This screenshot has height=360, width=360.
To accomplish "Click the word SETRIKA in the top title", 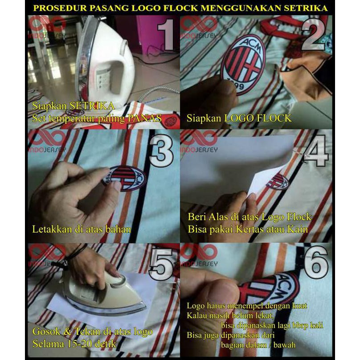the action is tap(305, 8).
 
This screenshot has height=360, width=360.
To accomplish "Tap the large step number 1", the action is tap(166, 34).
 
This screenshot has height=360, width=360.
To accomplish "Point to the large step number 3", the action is tap(161, 151).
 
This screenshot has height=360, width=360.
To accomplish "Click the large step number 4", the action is tap(316, 151).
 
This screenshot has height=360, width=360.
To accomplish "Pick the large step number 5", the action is tap(161, 264).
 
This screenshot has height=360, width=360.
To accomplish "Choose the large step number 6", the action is tap(316, 262).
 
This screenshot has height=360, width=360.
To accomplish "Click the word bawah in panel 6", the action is tap(284, 345).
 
